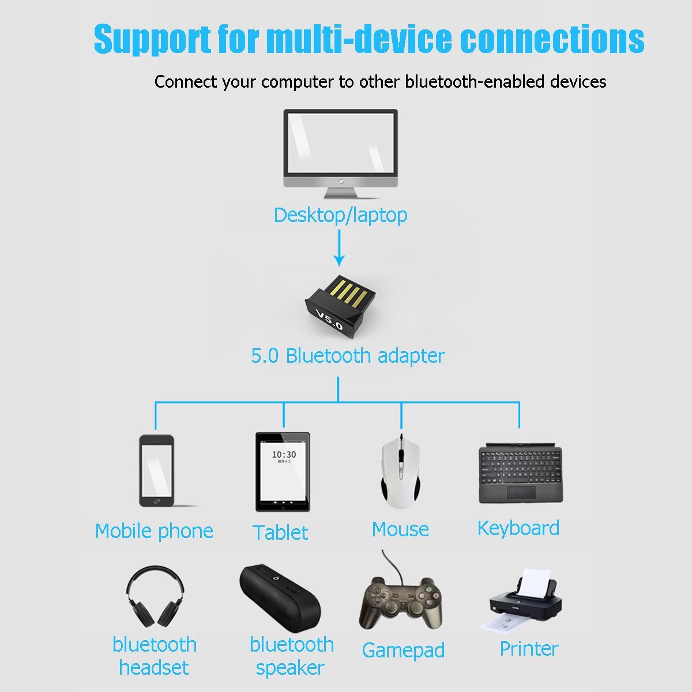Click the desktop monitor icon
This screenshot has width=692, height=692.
click(340, 154)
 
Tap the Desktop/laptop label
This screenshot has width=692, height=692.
click(340, 216)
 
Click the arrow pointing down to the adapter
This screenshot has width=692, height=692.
click(339, 248)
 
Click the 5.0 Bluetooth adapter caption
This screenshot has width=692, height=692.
click(348, 356)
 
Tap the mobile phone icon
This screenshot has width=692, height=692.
click(157, 471)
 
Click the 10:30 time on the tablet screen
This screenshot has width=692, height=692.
click(284, 454)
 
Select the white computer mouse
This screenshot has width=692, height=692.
click(400, 471)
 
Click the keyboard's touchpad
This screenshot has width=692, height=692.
click(521, 492)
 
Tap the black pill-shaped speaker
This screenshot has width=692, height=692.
click(280, 598)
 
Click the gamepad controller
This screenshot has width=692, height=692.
click(401, 601)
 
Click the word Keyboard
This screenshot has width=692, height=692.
click(518, 528)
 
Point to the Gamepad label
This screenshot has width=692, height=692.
click(403, 650)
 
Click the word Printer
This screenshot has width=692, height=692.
click(529, 649)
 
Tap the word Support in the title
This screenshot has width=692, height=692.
click(152, 39)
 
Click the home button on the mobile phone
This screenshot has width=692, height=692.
click(157, 501)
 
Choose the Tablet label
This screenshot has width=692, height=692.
click(280, 532)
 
